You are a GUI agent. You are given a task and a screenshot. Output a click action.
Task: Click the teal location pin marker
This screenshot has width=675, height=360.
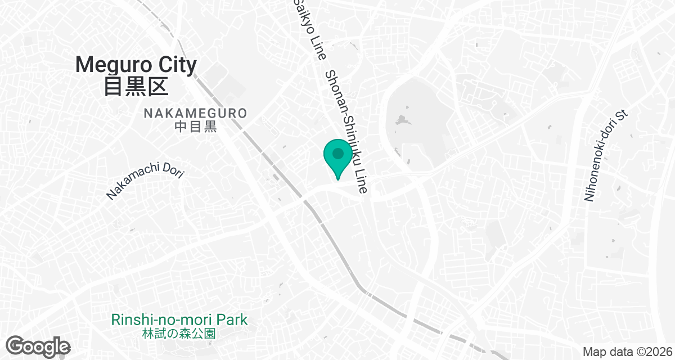pos(337,158)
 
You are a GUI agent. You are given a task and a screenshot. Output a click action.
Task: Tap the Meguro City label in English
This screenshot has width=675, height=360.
pos(136,65)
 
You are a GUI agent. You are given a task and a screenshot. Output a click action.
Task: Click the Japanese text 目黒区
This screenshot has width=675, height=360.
pos(136,87)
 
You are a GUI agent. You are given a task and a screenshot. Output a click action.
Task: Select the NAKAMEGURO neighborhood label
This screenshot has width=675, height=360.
pos(195,113)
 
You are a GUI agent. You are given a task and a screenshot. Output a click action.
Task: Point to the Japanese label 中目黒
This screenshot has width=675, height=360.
pos(195,127)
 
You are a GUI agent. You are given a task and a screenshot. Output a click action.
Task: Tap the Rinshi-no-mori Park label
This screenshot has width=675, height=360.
pos(179,320)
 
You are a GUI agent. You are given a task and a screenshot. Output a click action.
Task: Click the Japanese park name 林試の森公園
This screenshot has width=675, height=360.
pos(179,333)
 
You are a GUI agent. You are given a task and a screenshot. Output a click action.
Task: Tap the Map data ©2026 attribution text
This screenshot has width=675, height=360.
pos(627,352)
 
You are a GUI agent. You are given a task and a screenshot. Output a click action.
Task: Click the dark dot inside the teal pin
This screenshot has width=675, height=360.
pos(337,153)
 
